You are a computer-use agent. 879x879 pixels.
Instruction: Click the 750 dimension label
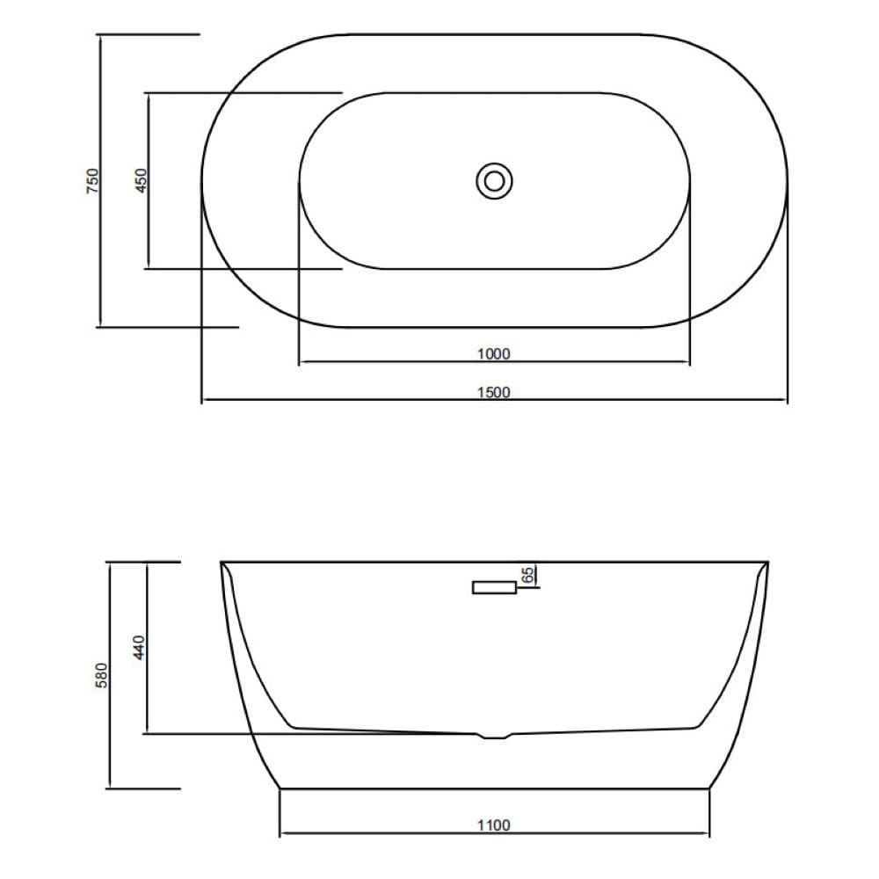pos(92,181)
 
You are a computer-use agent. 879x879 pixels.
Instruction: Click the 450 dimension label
pos(141,181)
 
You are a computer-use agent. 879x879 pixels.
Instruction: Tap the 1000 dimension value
pos(493,353)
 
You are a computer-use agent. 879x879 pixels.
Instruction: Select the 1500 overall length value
pos(493,392)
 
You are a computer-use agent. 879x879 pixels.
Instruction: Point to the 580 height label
pos(101,675)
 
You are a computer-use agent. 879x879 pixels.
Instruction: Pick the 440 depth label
pos(139,647)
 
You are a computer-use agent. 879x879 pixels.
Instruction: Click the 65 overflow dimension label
pos(527,575)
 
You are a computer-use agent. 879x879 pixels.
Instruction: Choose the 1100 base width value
pos(494,825)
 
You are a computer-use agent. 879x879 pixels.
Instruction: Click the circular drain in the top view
pos(494,181)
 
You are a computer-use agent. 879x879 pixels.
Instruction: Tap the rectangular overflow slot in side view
pos(494,587)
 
